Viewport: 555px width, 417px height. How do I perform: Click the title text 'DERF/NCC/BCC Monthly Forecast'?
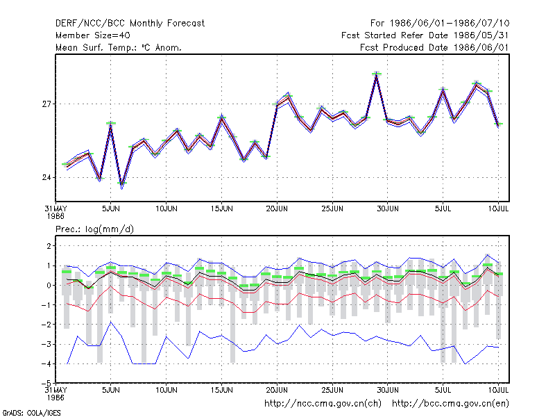[130, 24]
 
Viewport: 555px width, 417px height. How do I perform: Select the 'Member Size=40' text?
[93, 35]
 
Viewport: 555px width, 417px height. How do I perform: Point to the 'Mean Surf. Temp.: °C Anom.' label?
[119, 47]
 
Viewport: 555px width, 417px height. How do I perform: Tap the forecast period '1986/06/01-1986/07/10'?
[450, 24]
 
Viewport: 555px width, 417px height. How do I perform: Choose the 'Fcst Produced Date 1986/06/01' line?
[434, 47]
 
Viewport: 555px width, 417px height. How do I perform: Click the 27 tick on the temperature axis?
[46, 104]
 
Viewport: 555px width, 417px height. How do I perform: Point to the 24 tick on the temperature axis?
[46, 177]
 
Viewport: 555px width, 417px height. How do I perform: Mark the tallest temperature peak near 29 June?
[377, 74]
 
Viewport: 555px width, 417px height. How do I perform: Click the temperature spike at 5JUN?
[111, 124]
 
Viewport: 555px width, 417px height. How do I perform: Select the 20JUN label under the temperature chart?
[277, 208]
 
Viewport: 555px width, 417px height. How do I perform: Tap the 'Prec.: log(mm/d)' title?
[94, 229]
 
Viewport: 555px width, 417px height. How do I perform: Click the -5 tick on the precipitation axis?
[46, 384]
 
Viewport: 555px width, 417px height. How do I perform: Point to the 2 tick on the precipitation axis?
[49, 246]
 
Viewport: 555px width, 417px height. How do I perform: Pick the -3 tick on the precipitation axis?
[46, 344]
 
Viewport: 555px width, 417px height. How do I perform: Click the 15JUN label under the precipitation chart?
[221, 390]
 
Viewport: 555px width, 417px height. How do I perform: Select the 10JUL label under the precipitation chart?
[498, 390]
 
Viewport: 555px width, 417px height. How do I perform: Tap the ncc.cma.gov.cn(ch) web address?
[323, 404]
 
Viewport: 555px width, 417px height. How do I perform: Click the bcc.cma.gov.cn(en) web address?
[450, 404]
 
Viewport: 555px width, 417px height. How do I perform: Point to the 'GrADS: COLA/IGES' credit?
[31, 413]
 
